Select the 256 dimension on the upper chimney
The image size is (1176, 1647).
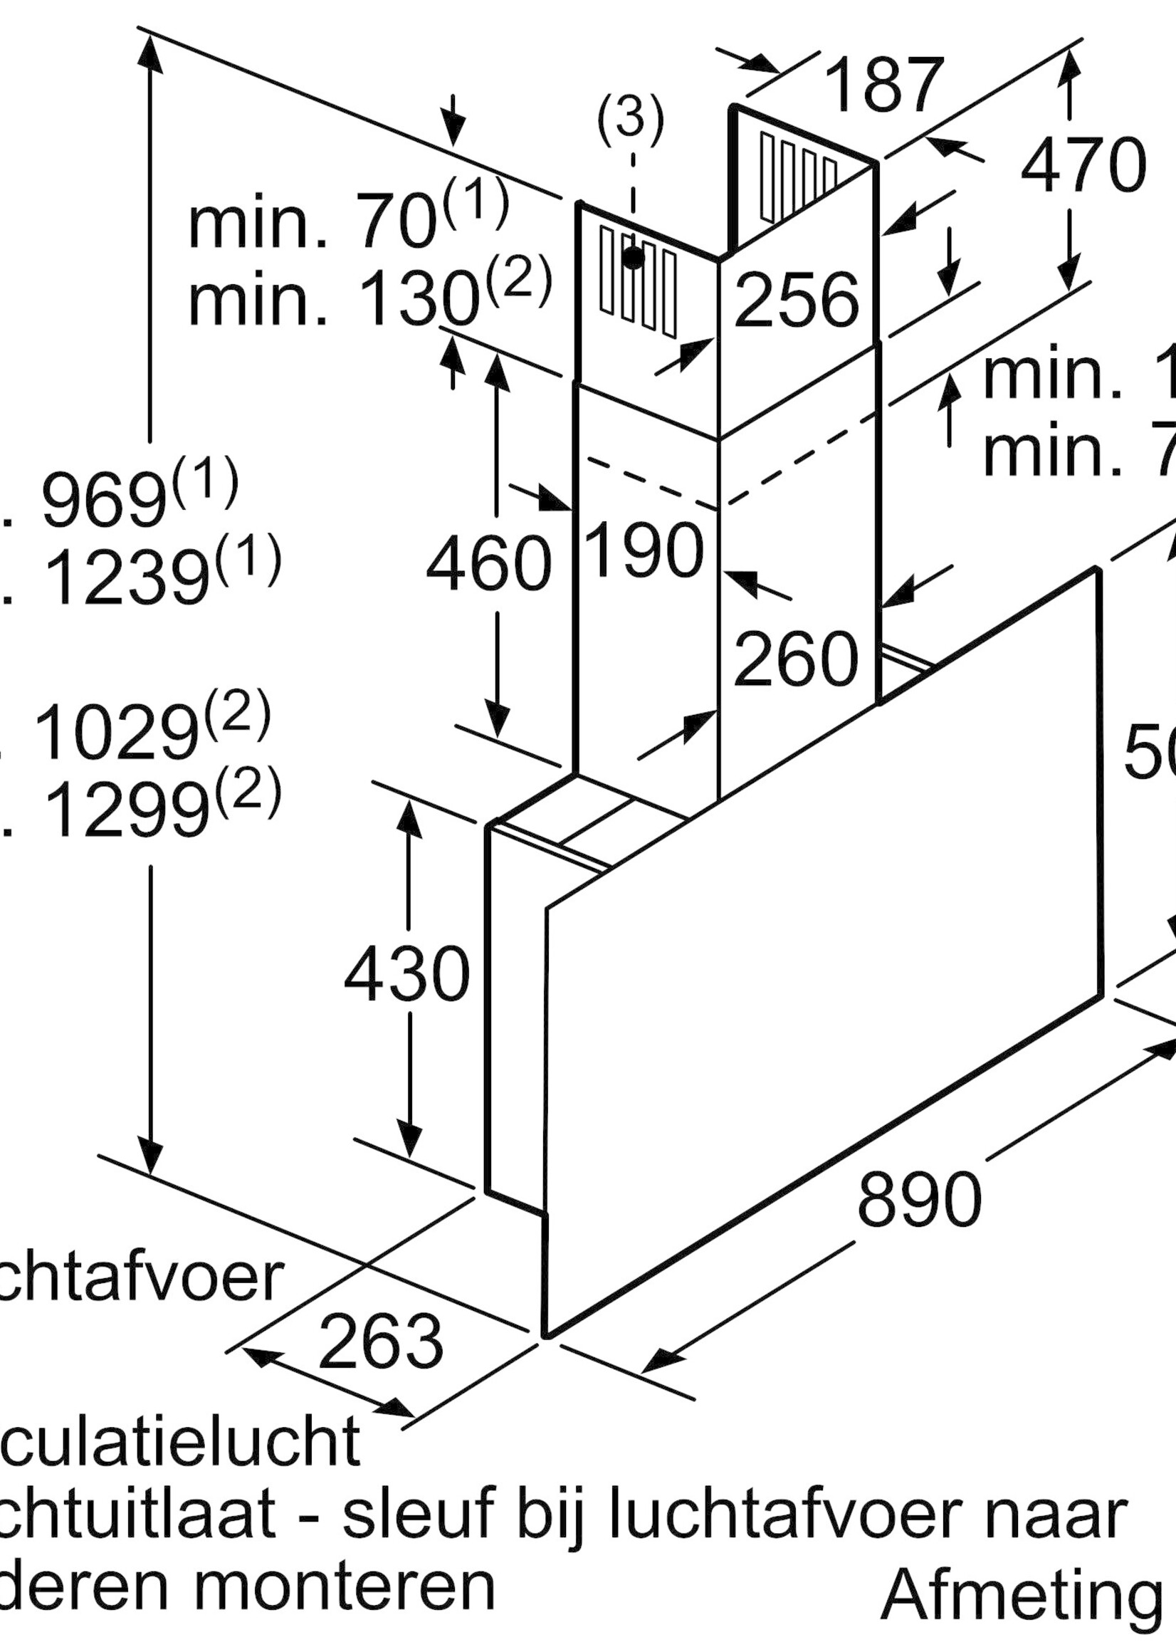(x=796, y=299)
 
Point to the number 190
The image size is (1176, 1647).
(x=644, y=550)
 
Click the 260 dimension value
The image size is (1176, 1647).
(x=796, y=659)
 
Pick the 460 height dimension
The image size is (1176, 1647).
(x=489, y=563)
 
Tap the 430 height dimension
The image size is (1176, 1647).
(x=407, y=975)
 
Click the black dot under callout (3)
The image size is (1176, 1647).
(x=634, y=256)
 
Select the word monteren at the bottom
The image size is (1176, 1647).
(x=344, y=1588)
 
